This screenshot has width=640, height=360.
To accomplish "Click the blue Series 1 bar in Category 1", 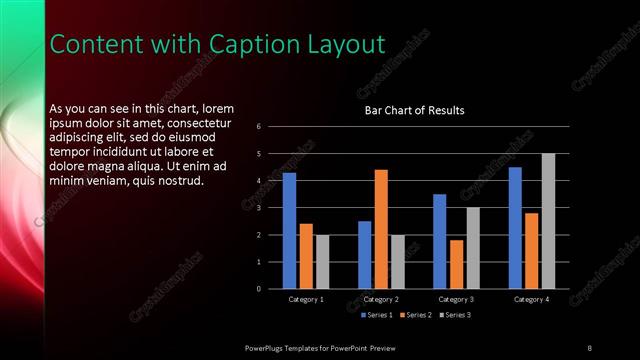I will click(x=289, y=231).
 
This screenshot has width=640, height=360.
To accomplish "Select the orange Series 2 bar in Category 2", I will click(x=381, y=229).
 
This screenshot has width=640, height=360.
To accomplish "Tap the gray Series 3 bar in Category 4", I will click(x=548, y=221).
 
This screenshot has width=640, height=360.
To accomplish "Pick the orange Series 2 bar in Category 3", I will click(x=457, y=264).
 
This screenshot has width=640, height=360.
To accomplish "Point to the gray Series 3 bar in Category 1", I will click(x=322, y=262).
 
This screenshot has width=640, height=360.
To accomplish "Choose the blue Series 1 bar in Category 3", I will click(x=440, y=241).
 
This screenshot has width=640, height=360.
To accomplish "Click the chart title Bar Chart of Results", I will click(x=414, y=110).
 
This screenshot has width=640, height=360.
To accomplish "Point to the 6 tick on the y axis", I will click(x=259, y=127).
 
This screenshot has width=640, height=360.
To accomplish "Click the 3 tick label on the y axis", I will click(x=259, y=208).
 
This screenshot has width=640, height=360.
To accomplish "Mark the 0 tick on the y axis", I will click(x=259, y=289).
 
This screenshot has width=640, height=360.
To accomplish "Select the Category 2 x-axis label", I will click(x=381, y=300).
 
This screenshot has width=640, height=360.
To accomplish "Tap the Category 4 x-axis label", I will click(x=531, y=300).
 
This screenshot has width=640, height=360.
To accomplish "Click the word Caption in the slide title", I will click(x=247, y=45).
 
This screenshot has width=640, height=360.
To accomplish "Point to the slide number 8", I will click(x=589, y=347).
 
